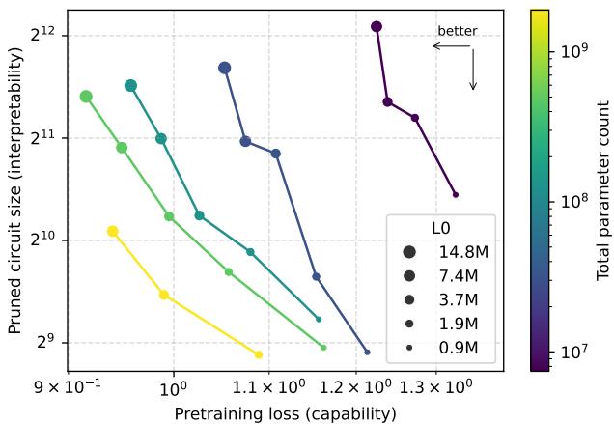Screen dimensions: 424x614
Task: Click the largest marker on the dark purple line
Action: point(377,27)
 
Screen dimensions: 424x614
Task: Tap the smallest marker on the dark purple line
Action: point(456,195)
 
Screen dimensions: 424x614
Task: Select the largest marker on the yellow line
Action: point(113,232)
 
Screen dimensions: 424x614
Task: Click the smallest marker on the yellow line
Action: point(259,354)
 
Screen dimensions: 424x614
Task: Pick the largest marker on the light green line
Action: point(86,97)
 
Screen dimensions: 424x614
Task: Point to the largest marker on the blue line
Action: point(225,69)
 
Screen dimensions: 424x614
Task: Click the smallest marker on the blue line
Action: point(367,352)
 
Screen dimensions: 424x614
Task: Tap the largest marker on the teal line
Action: point(131,86)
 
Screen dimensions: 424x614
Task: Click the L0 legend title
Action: point(441,229)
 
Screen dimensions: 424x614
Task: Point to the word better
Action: point(458,32)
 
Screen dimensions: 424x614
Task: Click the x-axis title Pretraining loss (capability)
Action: point(285,413)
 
